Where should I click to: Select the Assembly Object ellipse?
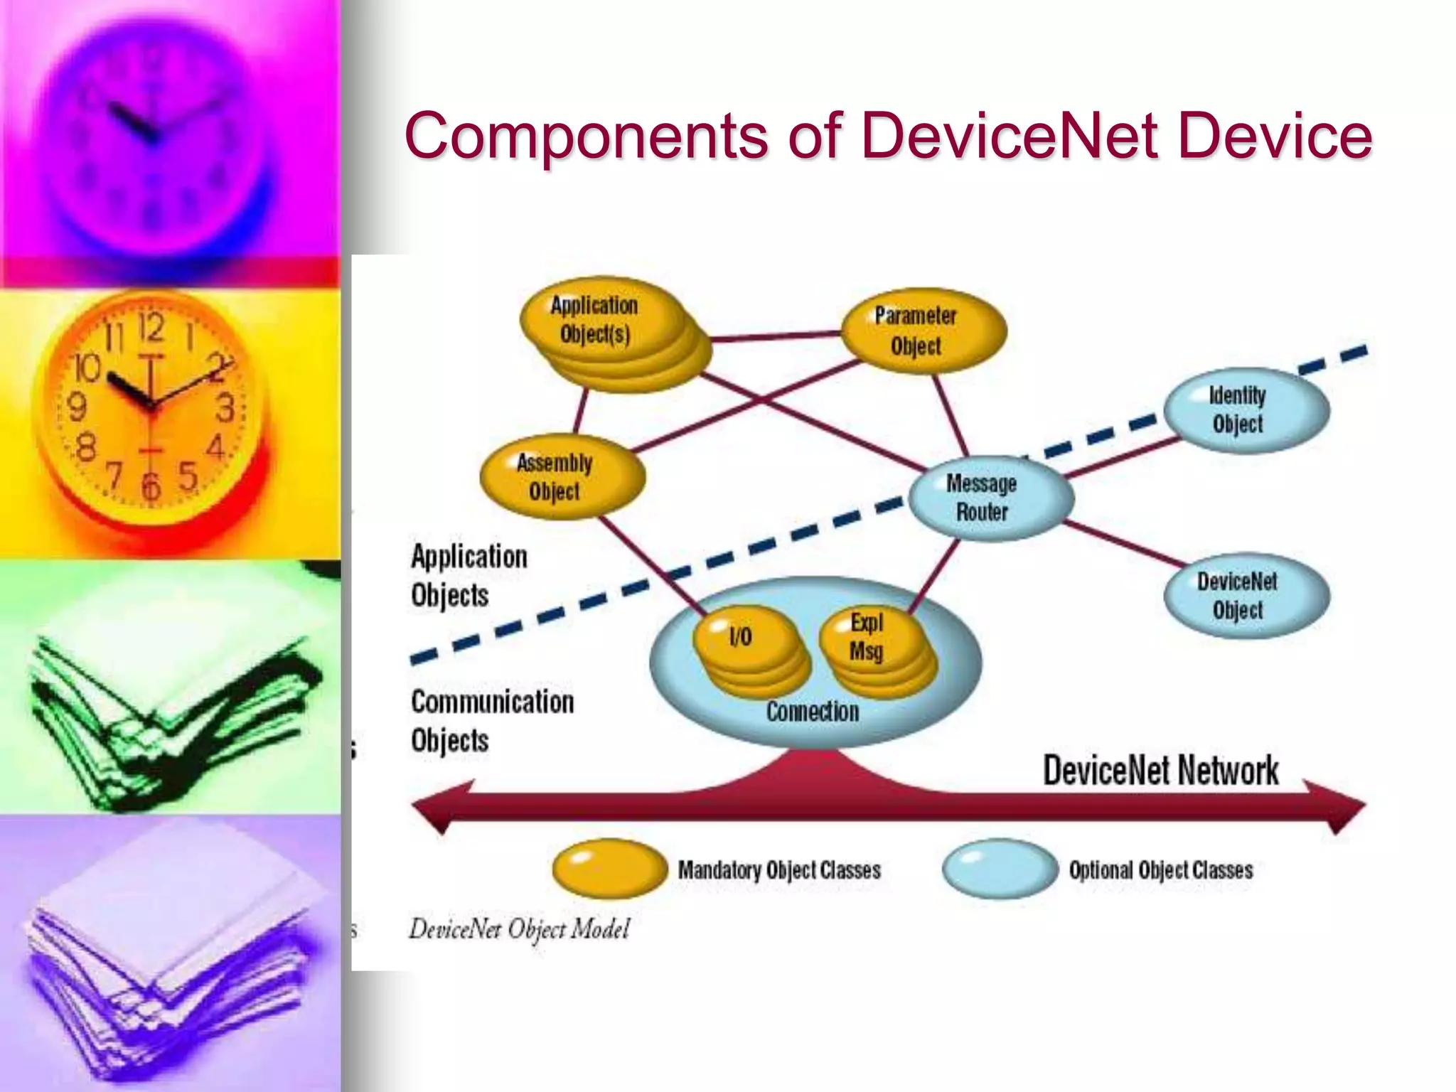pyautogui.click(x=562, y=477)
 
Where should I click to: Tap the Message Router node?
pyautogui.click(x=990, y=498)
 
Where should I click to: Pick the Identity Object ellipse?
pyautogui.click(x=1246, y=409)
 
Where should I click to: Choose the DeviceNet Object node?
pyautogui.click(x=1246, y=596)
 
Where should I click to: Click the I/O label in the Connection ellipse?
pyautogui.click(x=741, y=637)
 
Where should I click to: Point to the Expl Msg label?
pyautogui.click(x=867, y=637)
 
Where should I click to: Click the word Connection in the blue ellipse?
pyautogui.click(x=813, y=712)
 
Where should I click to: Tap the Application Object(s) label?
pyautogui.click(x=594, y=320)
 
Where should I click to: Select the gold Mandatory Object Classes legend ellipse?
pyautogui.click(x=609, y=868)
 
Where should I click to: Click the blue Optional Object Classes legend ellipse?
pyautogui.click(x=1000, y=868)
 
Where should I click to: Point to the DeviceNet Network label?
pyautogui.click(x=1160, y=771)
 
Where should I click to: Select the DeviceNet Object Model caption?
pyautogui.click(x=519, y=929)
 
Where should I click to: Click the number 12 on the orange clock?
pyautogui.click(x=151, y=328)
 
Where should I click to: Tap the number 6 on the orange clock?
pyautogui.click(x=151, y=486)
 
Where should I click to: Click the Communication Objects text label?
pyautogui.click(x=492, y=721)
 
